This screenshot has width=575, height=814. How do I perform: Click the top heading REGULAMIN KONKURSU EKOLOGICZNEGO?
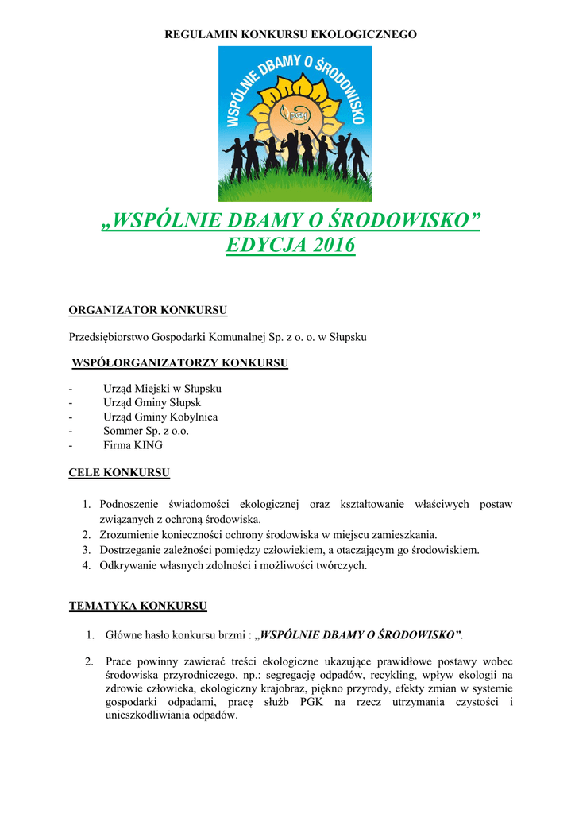tap(290, 34)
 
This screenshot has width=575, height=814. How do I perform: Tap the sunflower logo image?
tap(295, 124)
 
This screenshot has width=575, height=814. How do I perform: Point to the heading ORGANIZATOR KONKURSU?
tap(149, 309)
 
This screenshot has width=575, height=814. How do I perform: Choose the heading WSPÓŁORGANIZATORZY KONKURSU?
tap(180, 363)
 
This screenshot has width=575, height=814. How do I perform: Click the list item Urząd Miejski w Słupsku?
tap(162, 389)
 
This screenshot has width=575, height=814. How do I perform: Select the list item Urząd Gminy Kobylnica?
tap(160, 417)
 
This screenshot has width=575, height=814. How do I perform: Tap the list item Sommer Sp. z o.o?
tap(146, 431)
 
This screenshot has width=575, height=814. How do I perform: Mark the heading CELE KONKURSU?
tap(119, 473)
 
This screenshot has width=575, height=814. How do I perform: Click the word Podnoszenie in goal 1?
tap(131, 504)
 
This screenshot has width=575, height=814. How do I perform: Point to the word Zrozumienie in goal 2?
tap(129, 534)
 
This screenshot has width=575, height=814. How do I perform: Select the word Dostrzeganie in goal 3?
tap(132, 550)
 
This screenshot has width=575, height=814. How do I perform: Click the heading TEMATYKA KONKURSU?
tap(138, 606)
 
